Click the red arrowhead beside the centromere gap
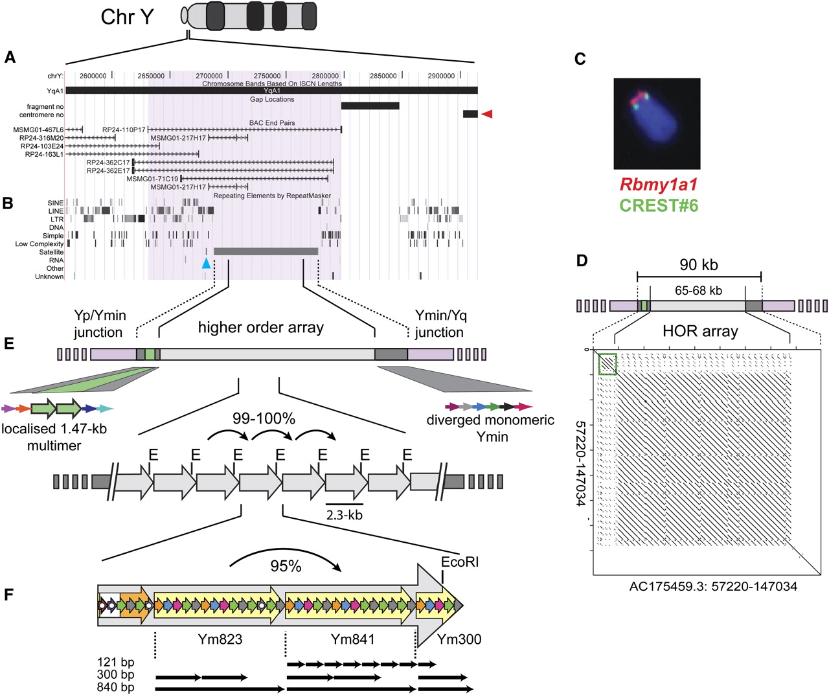(487, 114)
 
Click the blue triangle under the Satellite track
(206, 264)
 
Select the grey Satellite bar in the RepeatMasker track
(266, 251)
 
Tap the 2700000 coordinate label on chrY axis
(209, 76)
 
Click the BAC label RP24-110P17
(124, 130)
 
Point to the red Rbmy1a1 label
(658, 184)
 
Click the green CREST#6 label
(659, 205)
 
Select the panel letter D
(582, 261)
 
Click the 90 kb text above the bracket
(699, 264)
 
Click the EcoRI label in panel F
(460, 562)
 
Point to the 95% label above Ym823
(286, 566)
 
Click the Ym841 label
(352, 639)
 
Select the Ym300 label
(459, 639)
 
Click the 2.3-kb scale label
(344, 515)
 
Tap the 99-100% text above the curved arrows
(264, 418)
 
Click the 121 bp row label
(115, 662)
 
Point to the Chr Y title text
(127, 17)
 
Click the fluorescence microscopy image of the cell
(657, 124)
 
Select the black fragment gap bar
(370, 106)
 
